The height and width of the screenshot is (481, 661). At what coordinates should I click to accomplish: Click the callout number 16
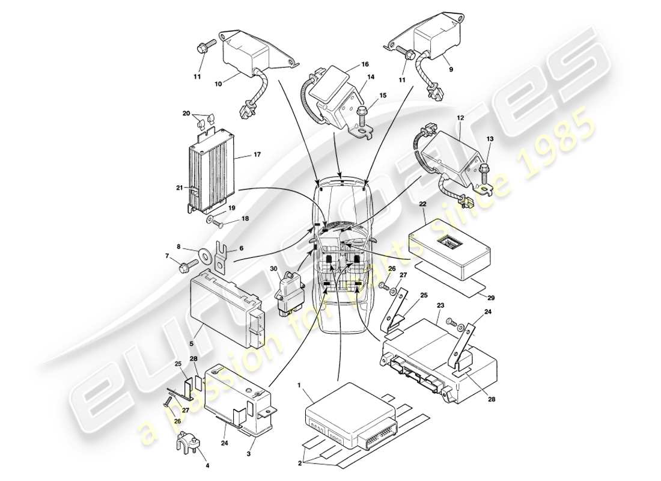coord(365,64)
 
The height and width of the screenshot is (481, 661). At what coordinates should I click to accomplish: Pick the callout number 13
coord(489,139)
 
